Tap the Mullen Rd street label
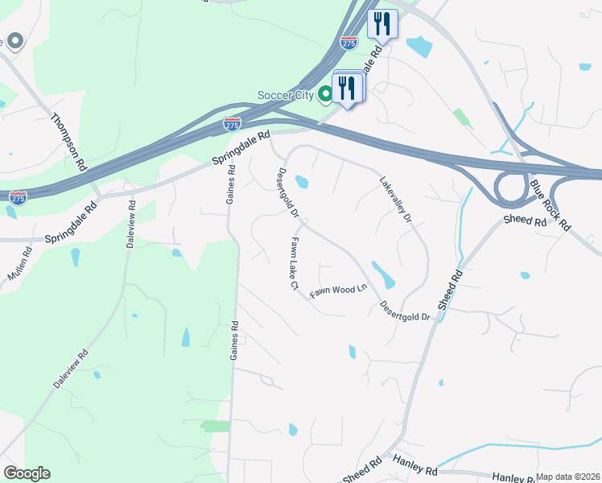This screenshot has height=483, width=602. pyautogui.click(x=20, y=264)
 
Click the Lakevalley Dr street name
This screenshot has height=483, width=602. pyautogui.click(x=395, y=200)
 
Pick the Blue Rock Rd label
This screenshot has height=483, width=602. pyautogui.click(x=550, y=204)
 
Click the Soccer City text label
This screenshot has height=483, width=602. pyautogui.click(x=286, y=95)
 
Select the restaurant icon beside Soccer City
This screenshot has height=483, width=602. pyautogui.click(x=348, y=86)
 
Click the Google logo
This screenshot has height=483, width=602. pyautogui.click(x=27, y=473)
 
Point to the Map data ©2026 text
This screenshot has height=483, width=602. pyautogui.click(x=568, y=477)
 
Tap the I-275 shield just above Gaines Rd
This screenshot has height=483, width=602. pyautogui.click(x=231, y=124)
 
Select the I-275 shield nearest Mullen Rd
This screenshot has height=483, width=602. pyautogui.click(x=18, y=196)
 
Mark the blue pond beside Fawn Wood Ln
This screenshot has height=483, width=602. pyautogui.click(x=383, y=275)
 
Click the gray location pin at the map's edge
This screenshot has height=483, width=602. pyautogui.click(x=14, y=40)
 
